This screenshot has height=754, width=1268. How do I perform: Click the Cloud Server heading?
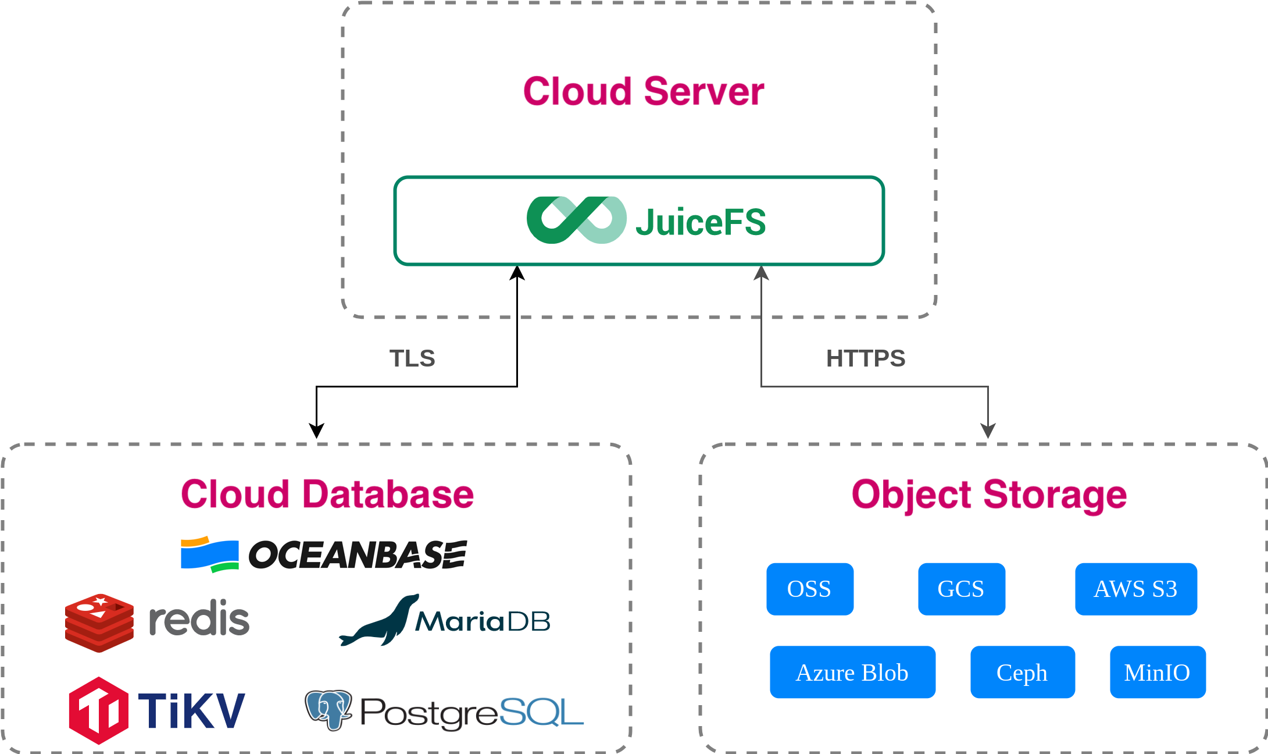coord(644,91)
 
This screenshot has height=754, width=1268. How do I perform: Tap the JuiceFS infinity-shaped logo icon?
coord(576,220)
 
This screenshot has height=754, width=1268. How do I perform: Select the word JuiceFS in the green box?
coord(701,222)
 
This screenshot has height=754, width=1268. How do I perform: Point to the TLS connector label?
coord(412,358)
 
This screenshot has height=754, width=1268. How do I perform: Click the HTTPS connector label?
coord(866,358)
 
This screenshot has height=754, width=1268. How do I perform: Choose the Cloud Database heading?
coord(327,495)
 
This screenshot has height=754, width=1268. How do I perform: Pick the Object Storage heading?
coord(989,495)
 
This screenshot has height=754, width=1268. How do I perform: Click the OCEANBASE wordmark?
coord(358,554)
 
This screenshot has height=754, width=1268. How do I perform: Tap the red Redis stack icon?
coord(99,623)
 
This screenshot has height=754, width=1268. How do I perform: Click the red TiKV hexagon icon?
coord(98,710)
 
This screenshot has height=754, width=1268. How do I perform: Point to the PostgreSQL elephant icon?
coord(328,709)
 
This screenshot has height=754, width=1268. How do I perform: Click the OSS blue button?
coord(810,589)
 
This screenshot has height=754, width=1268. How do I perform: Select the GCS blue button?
coord(962,589)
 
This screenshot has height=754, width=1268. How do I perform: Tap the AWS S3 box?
coord(1136,589)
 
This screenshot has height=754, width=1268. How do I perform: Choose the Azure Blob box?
coord(852,672)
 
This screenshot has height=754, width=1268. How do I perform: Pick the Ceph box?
coord(1023,672)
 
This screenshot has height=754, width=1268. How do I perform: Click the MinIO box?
coord(1158,672)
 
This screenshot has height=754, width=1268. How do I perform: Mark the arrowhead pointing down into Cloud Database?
coord(316,431)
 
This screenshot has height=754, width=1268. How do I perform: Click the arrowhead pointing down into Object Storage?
coord(988,431)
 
